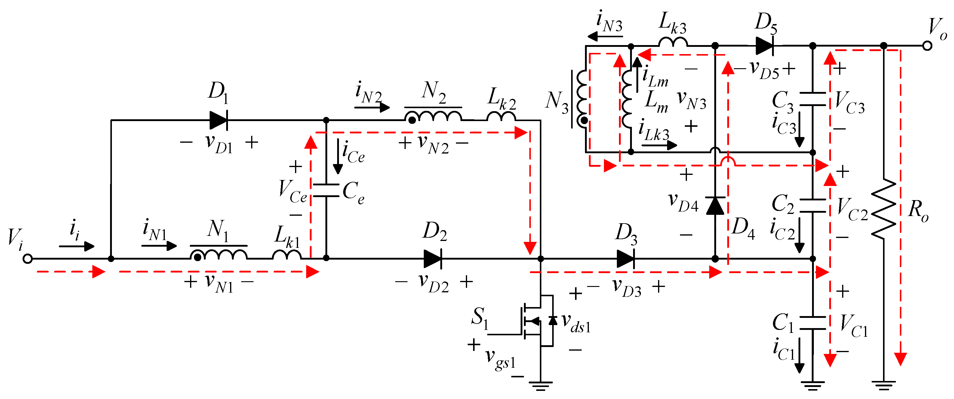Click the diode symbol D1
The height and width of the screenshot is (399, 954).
[219, 120]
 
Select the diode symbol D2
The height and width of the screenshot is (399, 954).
[432, 258]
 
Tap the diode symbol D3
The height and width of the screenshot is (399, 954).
[626, 258]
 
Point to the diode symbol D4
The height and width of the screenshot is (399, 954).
[715, 206]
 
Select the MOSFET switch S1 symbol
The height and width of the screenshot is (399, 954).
[533, 321]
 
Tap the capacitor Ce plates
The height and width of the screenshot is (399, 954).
[326, 190]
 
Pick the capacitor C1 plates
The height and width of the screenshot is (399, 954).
[813, 323]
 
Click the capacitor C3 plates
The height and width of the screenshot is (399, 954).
[813, 99]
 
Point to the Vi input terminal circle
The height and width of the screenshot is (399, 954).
[27, 259]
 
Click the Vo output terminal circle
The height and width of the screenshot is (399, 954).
[927, 46]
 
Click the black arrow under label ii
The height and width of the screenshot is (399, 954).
[77, 246]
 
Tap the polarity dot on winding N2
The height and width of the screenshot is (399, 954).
[411, 120]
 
